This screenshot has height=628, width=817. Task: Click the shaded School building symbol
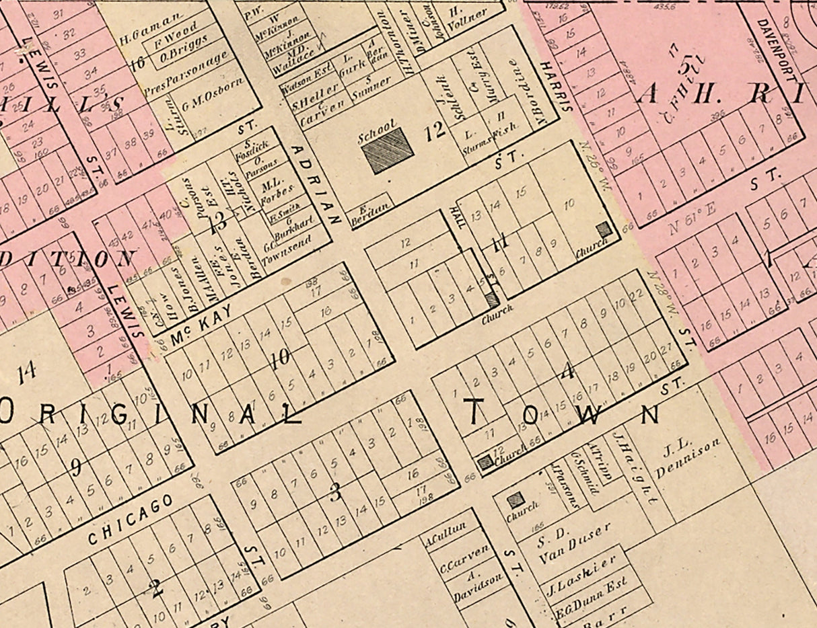(x=388, y=151)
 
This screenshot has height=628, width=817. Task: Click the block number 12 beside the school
(x=435, y=130)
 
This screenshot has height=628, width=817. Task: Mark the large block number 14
(x=26, y=372)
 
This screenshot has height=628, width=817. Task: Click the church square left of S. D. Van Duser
(x=516, y=499)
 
